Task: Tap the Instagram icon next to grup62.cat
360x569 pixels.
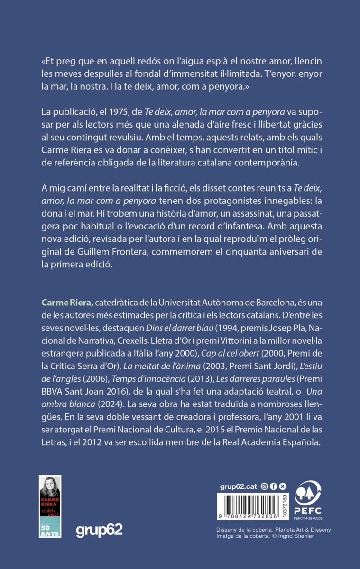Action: pos(265,486)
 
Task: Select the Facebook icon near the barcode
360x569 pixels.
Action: pos(274,486)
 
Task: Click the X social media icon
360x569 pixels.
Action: pos(283,486)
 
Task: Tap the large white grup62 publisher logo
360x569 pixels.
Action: pos(99,530)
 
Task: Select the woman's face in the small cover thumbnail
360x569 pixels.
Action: pos(50,487)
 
